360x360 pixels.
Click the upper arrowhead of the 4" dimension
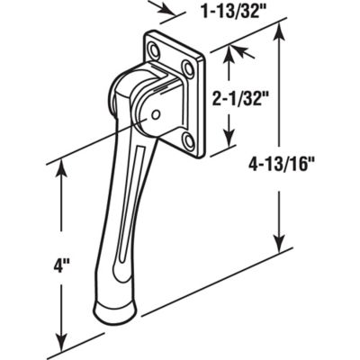coord(61,167)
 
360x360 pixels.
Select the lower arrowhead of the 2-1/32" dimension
coord(229,145)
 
